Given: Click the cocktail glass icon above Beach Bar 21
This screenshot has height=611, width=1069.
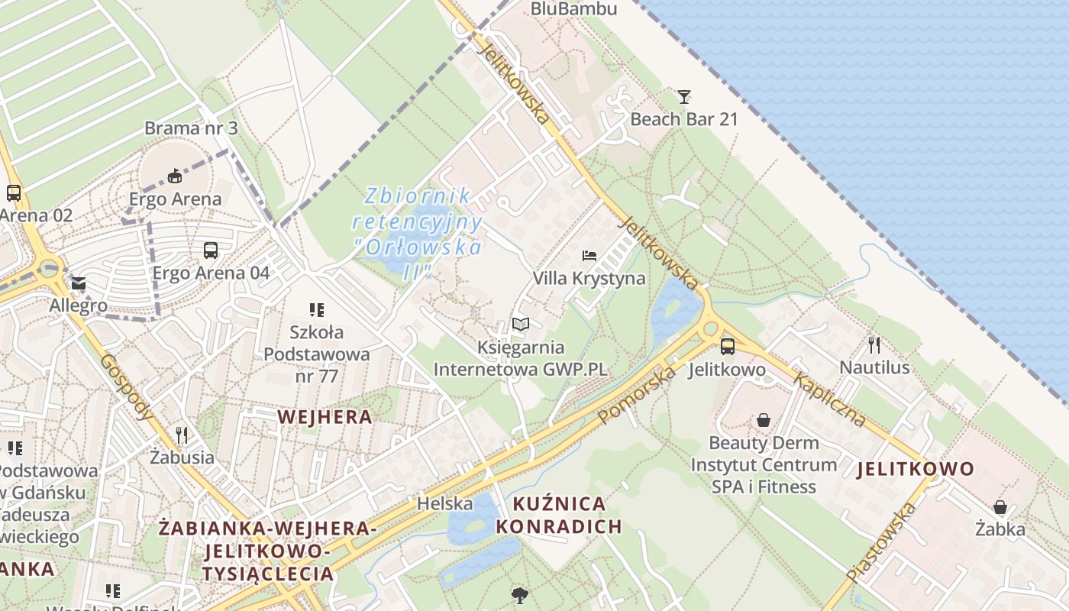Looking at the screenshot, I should [684, 97].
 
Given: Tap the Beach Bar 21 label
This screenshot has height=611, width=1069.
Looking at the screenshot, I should [684, 119].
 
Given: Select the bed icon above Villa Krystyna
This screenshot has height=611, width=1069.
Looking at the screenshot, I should [589, 255].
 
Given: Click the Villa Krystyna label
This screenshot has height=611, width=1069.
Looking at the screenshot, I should [589, 278].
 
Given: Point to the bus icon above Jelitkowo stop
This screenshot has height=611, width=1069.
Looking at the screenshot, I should [727, 347].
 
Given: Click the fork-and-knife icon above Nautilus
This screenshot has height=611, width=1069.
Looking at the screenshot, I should [874, 344].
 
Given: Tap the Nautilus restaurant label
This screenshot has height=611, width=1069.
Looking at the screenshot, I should [874, 367].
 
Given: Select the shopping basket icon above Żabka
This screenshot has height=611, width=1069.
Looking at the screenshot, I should [1000, 506].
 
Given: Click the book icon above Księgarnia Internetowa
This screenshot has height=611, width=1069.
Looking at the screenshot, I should [521, 325].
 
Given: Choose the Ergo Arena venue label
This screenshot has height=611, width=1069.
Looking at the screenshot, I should [175, 199].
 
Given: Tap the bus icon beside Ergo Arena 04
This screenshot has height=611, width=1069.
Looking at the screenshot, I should [210, 250].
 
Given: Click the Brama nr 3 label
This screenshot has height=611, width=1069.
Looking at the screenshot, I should [191, 128].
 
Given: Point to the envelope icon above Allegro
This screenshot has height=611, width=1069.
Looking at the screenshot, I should [79, 284].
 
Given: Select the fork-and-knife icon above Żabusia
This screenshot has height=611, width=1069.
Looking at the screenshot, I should [182, 435].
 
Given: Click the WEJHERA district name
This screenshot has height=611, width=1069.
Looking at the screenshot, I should [325, 416].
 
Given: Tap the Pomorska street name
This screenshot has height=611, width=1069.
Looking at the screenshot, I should [638, 395].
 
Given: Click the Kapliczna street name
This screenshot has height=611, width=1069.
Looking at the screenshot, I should [829, 399].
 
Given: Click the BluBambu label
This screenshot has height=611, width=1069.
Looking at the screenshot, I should [573, 9].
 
